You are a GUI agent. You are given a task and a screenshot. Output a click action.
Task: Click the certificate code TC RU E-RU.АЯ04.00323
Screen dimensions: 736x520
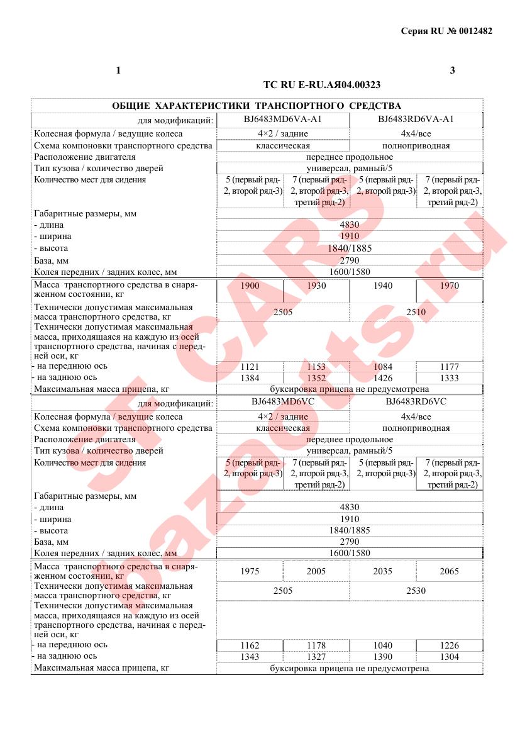(321, 84)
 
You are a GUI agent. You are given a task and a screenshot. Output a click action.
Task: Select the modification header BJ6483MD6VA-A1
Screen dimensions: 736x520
(282, 120)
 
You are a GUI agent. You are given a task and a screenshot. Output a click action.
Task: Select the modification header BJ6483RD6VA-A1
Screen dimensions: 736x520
(416, 120)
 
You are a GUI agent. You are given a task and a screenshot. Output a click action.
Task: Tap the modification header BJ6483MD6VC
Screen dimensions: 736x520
(282, 403)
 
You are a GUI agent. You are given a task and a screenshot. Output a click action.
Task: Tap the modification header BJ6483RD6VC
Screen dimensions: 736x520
(416, 403)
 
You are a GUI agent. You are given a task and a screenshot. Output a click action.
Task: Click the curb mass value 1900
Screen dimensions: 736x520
(250, 286)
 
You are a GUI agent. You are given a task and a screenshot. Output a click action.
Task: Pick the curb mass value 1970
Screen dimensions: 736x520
(450, 286)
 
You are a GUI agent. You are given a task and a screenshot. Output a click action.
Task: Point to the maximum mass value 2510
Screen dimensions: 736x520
(416, 312)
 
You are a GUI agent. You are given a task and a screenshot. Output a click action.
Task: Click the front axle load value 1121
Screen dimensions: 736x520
(250, 367)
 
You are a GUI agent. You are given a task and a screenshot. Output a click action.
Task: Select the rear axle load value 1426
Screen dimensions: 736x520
(382, 378)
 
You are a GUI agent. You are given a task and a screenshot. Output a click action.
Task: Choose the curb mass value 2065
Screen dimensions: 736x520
(450, 572)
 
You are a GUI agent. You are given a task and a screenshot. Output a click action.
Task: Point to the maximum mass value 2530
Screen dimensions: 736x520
(416, 591)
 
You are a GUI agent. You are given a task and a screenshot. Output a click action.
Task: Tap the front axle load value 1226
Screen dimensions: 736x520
(450, 645)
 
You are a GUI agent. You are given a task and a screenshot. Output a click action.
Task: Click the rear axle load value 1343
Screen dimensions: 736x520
(250, 657)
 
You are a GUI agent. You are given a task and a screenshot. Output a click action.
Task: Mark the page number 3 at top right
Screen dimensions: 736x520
(452, 70)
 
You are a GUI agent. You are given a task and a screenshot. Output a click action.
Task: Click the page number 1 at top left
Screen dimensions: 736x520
(118, 70)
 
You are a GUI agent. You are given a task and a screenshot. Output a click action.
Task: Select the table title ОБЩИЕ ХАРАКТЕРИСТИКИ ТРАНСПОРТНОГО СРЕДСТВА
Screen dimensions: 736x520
(256, 106)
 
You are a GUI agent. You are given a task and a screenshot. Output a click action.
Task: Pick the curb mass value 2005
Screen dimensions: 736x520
(316, 572)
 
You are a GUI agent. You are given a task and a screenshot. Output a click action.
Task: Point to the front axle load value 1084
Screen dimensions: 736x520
(382, 367)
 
